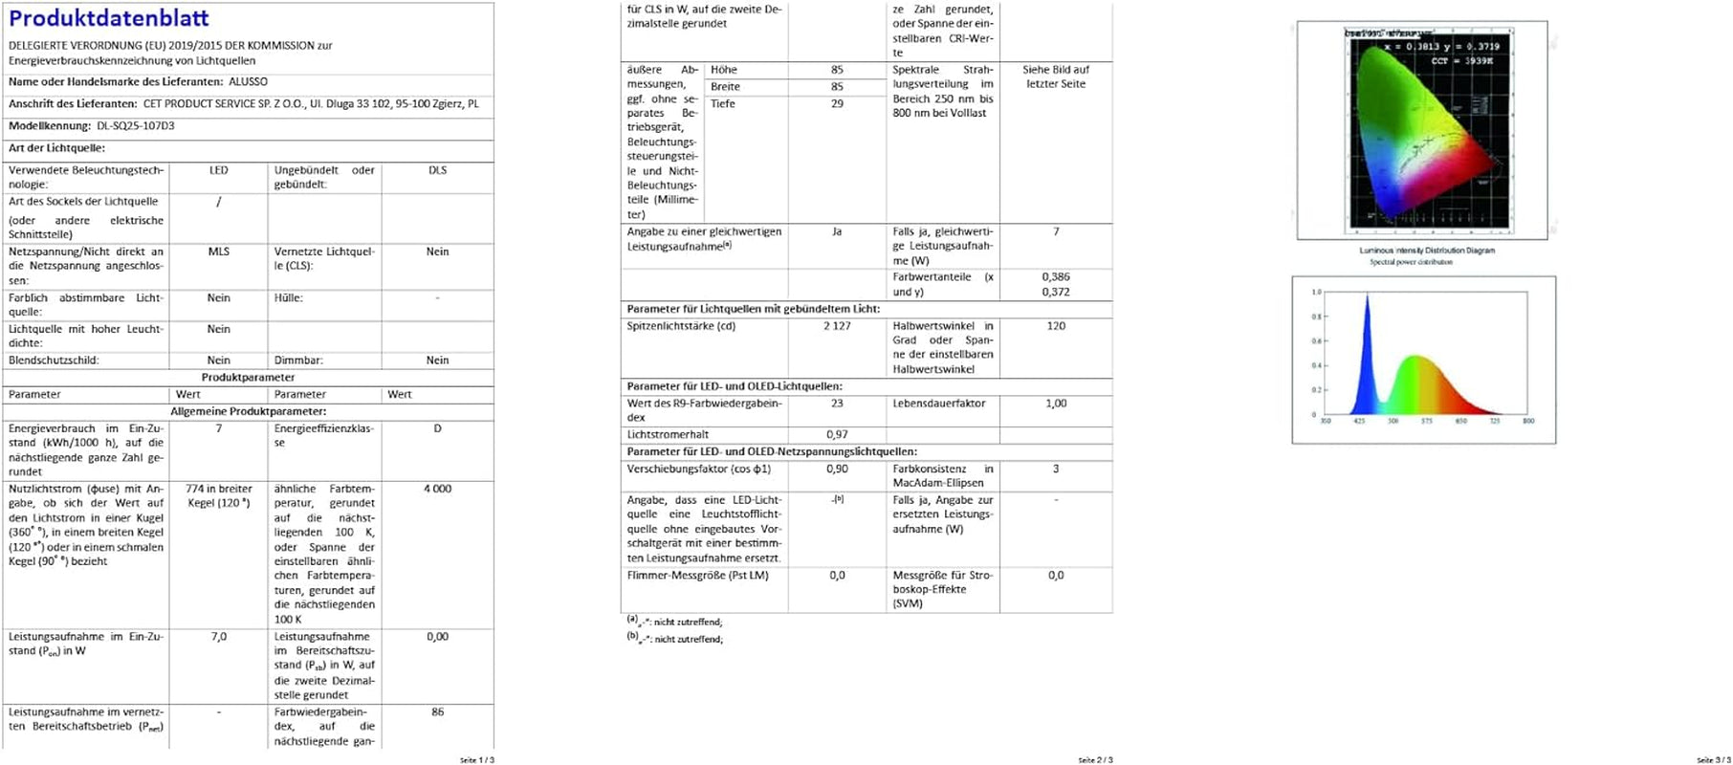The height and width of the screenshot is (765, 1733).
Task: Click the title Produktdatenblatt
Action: pos(108,18)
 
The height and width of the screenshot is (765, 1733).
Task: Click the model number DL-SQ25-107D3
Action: pos(136,126)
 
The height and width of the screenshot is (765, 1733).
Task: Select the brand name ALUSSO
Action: pos(248,82)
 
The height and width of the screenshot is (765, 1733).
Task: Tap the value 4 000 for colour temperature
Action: pos(437,489)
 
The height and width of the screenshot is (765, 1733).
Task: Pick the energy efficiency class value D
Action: pos(437,428)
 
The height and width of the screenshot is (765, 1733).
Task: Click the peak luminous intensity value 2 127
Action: pos(837,326)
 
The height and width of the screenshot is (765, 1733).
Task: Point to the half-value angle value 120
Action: pos(1056,326)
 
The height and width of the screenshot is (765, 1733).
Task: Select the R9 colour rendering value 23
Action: pos(837,404)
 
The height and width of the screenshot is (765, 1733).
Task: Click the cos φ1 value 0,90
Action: pos(837,470)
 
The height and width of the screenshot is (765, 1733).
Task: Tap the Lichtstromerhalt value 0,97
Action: pos(837,435)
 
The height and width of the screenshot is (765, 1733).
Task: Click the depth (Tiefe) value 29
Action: pos(837,104)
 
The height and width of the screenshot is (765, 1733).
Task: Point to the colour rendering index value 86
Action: pos(437,712)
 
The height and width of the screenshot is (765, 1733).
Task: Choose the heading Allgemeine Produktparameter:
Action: pos(249,412)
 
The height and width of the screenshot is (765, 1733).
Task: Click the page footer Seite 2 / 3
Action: pos(1095,760)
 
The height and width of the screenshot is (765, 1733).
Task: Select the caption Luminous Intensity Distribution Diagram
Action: pos(1427,251)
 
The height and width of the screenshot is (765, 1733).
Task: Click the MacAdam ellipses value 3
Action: pos(1056,470)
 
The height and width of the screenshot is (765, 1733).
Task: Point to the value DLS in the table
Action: pos(437,170)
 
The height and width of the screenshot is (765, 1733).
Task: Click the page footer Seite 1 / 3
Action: pos(477,760)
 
